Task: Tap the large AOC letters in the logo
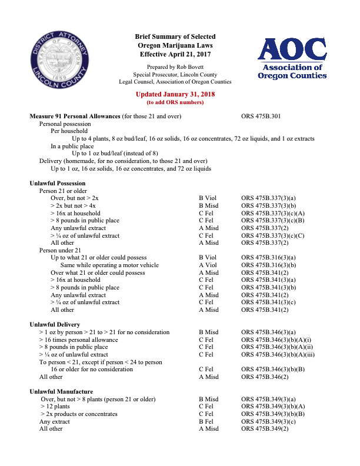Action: tap(293, 51)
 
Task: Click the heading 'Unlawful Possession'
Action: tap(58, 184)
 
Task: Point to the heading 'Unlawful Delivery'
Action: tap(55, 325)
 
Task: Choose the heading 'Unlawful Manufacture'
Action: tap(61, 391)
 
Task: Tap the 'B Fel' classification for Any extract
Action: tap(206, 421)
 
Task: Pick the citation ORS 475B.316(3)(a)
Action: tap(268, 258)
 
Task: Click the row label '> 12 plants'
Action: tap(55, 407)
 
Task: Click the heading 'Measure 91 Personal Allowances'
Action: tap(75, 116)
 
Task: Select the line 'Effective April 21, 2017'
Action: tap(175, 54)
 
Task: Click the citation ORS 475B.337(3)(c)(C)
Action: tap(272, 236)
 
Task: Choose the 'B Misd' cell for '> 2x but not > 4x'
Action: tap(208, 206)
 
